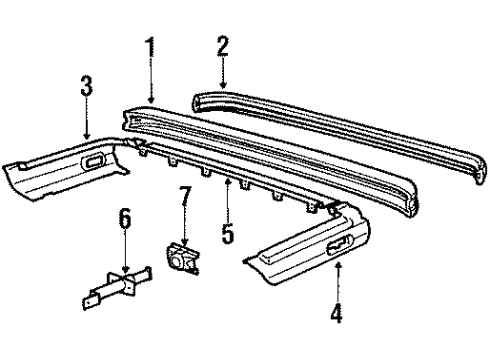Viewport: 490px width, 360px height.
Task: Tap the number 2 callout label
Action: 222,48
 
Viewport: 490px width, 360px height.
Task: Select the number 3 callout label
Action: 87,87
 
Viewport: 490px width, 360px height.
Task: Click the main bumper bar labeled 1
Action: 270,150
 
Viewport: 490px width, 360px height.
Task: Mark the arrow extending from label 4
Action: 337,282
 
